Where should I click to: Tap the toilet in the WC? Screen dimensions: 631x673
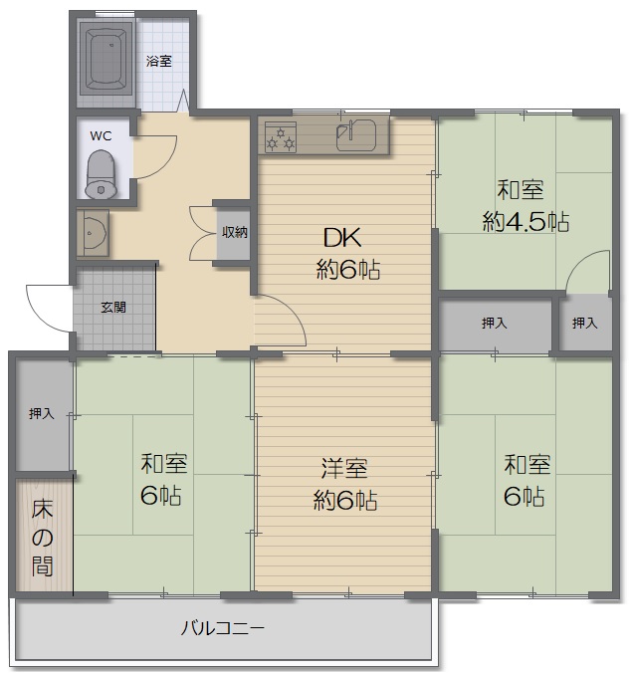(102, 174)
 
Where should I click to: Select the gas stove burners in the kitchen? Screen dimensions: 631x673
(281, 137)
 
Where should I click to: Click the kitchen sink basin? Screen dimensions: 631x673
(356, 134)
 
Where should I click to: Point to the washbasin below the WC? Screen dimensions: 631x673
(93, 233)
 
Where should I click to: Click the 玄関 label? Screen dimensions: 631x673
(113, 308)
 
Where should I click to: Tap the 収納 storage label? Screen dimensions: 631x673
(234, 232)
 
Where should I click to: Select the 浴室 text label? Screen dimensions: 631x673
(158, 61)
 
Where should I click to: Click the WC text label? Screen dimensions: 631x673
(101, 136)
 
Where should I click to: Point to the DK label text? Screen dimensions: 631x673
(342, 237)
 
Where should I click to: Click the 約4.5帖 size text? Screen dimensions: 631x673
(526, 222)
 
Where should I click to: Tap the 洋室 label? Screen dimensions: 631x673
(345, 468)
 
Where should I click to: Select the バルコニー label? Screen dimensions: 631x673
(222, 628)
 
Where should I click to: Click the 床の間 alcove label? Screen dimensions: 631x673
(42, 538)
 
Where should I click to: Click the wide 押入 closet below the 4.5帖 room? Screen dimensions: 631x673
(495, 323)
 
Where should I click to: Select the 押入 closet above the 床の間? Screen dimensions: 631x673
(42, 414)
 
